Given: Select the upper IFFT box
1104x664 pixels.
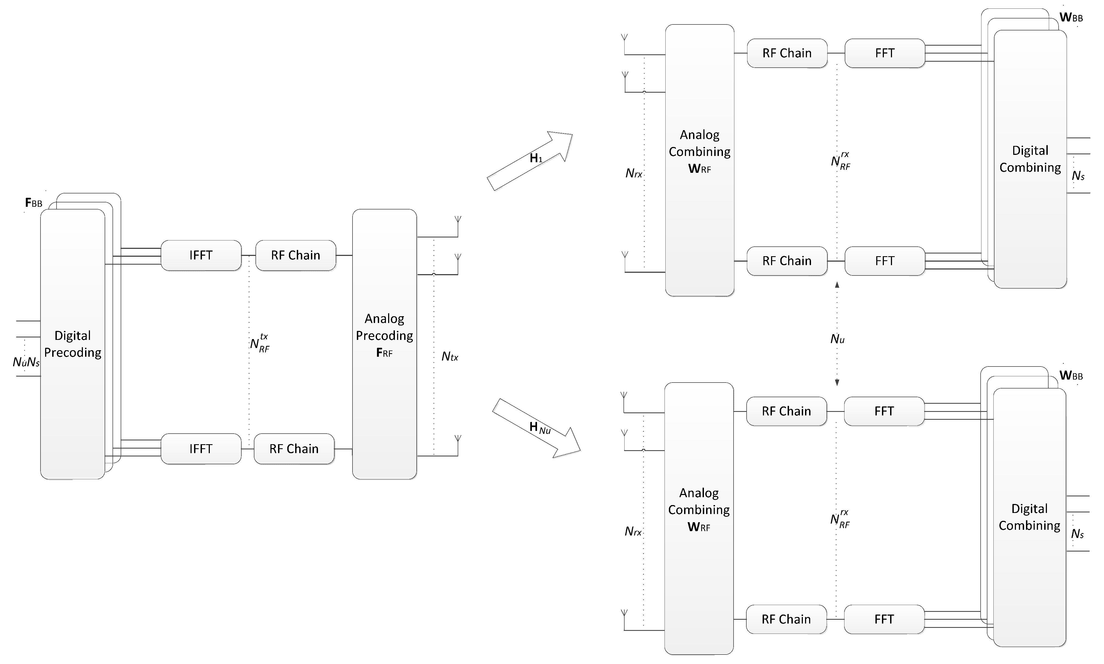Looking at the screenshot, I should pyautogui.click(x=201, y=255).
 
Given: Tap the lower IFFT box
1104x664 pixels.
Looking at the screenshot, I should pyautogui.click(x=201, y=449).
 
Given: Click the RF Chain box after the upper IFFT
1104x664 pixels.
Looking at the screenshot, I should pyautogui.click(x=295, y=255).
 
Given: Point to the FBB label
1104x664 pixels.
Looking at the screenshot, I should pyautogui.click(x=33, y=203).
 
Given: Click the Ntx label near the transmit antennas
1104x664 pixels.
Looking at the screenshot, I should pyautogui.click(x=450, y=357).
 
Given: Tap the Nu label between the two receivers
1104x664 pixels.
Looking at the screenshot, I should pyautogui.click(x=837, y=339).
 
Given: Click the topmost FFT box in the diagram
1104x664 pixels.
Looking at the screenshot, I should pyautogui.click(x=885, y=53).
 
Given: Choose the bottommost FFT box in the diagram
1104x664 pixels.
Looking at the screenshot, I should pyautogui.click(x=884, y=619).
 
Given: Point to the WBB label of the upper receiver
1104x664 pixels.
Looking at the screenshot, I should pyautogui.click(x=1071, y=18).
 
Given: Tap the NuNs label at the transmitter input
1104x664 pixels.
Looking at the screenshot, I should pyautogui.click(x=26, y=362).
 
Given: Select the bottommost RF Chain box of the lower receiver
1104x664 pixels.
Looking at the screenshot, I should pyautogui.click(x=786, y=619).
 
